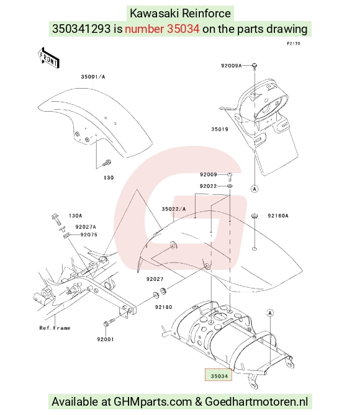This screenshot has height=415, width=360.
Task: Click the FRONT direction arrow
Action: tap(48, 58)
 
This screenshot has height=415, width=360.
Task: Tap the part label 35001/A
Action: tap(93, 77)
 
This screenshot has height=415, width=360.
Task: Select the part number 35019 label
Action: tap(220, 129)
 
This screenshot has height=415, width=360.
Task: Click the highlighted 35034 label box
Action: tap(218, 375)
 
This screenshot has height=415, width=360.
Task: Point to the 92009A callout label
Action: tap(232, 66)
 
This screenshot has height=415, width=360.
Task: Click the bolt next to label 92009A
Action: tap(254, 66)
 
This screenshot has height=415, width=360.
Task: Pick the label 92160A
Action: tap(278, 216)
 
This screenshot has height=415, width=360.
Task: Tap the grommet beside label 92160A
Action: tap(254, 216)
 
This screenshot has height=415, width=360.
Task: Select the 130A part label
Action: tap(75, 216)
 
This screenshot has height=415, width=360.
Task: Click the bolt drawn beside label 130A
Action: tap(56, 219)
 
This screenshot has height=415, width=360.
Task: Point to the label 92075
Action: tap(89, 234)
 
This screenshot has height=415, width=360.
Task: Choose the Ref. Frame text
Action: tap(55, 328)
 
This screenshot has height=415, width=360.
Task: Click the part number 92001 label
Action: tap(106, 339)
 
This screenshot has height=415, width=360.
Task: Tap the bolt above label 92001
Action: tap(109, 322)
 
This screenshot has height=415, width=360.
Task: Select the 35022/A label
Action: tap(174, 209)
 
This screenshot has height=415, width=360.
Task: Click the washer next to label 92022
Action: tap(230, 186)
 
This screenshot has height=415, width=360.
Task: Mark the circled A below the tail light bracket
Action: tap(254, 189)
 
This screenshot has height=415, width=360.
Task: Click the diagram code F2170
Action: tap(294, 43)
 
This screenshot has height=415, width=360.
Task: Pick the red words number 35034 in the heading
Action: tap(162, 29)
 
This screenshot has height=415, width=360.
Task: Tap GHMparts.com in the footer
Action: tap(153, 402)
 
